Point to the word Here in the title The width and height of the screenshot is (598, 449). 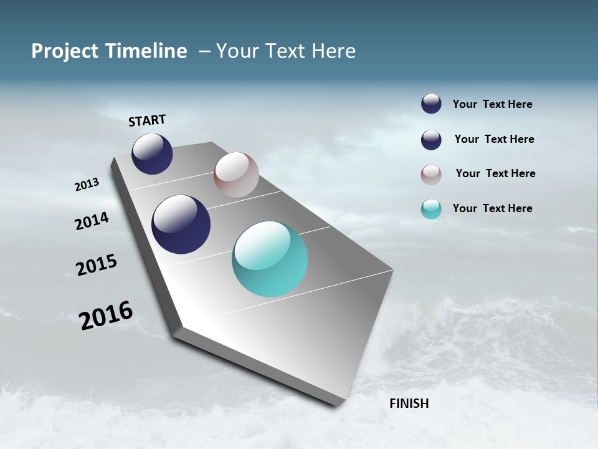coord(333,51)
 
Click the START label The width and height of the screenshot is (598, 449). coord(147,120)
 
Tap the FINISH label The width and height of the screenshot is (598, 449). coord(409,403)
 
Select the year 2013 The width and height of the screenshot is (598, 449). coord(87,185)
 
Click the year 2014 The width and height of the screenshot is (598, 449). coord(92,221)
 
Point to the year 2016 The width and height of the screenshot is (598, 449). coord(106,316)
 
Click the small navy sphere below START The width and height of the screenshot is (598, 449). coord(152,153)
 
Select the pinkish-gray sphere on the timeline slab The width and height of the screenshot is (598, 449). coord(236,175)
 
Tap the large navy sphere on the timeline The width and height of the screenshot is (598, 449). coord(181,224)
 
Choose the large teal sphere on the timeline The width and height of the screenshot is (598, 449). coord(270,259)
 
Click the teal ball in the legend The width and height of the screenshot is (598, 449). coord(431,209)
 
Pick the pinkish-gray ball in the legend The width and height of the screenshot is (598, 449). coord(431,175)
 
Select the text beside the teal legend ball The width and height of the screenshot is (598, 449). coord(492,208)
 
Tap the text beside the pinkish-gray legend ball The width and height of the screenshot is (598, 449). coord(495,173)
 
